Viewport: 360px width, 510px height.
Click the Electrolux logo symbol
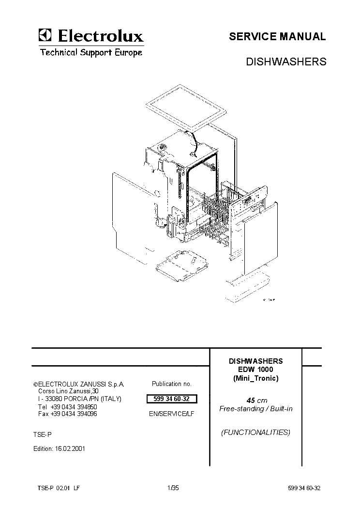(x=45, y=35)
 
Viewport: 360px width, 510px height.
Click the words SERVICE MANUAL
(x=277, y=36)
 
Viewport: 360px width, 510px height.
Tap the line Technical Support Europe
(x=91, y=52)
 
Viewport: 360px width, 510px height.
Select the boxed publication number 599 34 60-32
(x=172, y=399)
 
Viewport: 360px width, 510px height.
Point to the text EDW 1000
(x=255, y=370)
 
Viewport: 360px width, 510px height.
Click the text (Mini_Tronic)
(x=255, y=378)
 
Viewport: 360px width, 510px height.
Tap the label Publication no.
(x=172, y=384)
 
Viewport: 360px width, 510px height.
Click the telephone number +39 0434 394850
(x=74, y=407)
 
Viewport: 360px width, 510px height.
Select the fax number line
(x=68, y=414)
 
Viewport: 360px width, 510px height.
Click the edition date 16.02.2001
(x=70, y=448)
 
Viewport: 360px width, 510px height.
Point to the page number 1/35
(x=173, y=488)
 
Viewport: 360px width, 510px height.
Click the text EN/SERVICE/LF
(x=172, y=414)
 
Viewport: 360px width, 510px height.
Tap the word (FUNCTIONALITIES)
(x=255, y=432)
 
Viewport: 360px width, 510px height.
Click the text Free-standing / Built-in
(x=255, y=409)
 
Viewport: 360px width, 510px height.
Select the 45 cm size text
(x=256, y=401)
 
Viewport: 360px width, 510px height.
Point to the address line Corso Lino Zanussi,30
(x=68, y=391)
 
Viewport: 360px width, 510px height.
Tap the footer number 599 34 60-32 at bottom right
(x=304, y=488)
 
